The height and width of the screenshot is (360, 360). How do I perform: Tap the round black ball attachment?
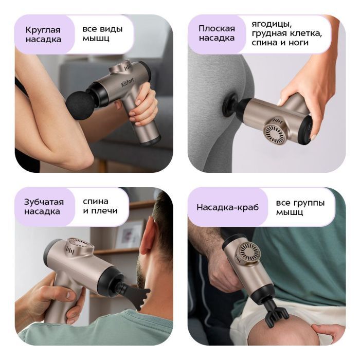[79, 105]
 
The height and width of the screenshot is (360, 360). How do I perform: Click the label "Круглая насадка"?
[43, 34]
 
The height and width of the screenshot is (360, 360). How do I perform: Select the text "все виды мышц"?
[102, 34]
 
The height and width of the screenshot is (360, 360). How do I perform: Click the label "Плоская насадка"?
[217, 33]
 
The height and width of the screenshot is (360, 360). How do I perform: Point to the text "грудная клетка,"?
[287, 33]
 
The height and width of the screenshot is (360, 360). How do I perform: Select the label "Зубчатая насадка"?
[44, 207]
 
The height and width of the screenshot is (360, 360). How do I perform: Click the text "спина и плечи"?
[100, 206]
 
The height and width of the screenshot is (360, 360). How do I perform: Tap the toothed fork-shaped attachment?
[134, 294]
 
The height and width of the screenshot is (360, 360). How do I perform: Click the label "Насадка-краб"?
[227, 207]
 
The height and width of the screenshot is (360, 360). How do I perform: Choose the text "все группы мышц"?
[300, 207]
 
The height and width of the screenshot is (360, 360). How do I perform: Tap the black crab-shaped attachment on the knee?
[274, 312]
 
